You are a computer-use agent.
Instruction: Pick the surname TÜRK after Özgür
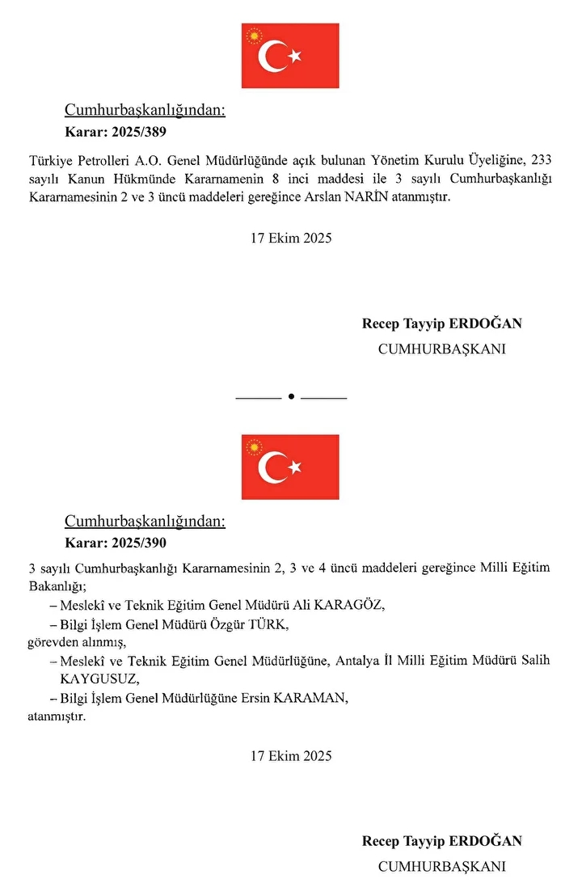click(x=268, y=624)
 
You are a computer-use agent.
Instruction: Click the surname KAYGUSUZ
click(x=93, y=679)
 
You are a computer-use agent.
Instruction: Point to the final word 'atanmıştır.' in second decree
click(x=57, y=717)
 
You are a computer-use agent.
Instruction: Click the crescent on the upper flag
click(x=272, y=56)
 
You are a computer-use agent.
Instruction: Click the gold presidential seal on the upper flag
click(x=255, y=36)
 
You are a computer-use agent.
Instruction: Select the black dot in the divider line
click(x=290, y=398)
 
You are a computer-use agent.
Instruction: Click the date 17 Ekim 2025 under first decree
click(x=291, y=239)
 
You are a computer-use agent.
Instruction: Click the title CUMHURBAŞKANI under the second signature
click(x=442, y=866)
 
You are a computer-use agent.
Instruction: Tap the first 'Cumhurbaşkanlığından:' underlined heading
click(x=145, y=111)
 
